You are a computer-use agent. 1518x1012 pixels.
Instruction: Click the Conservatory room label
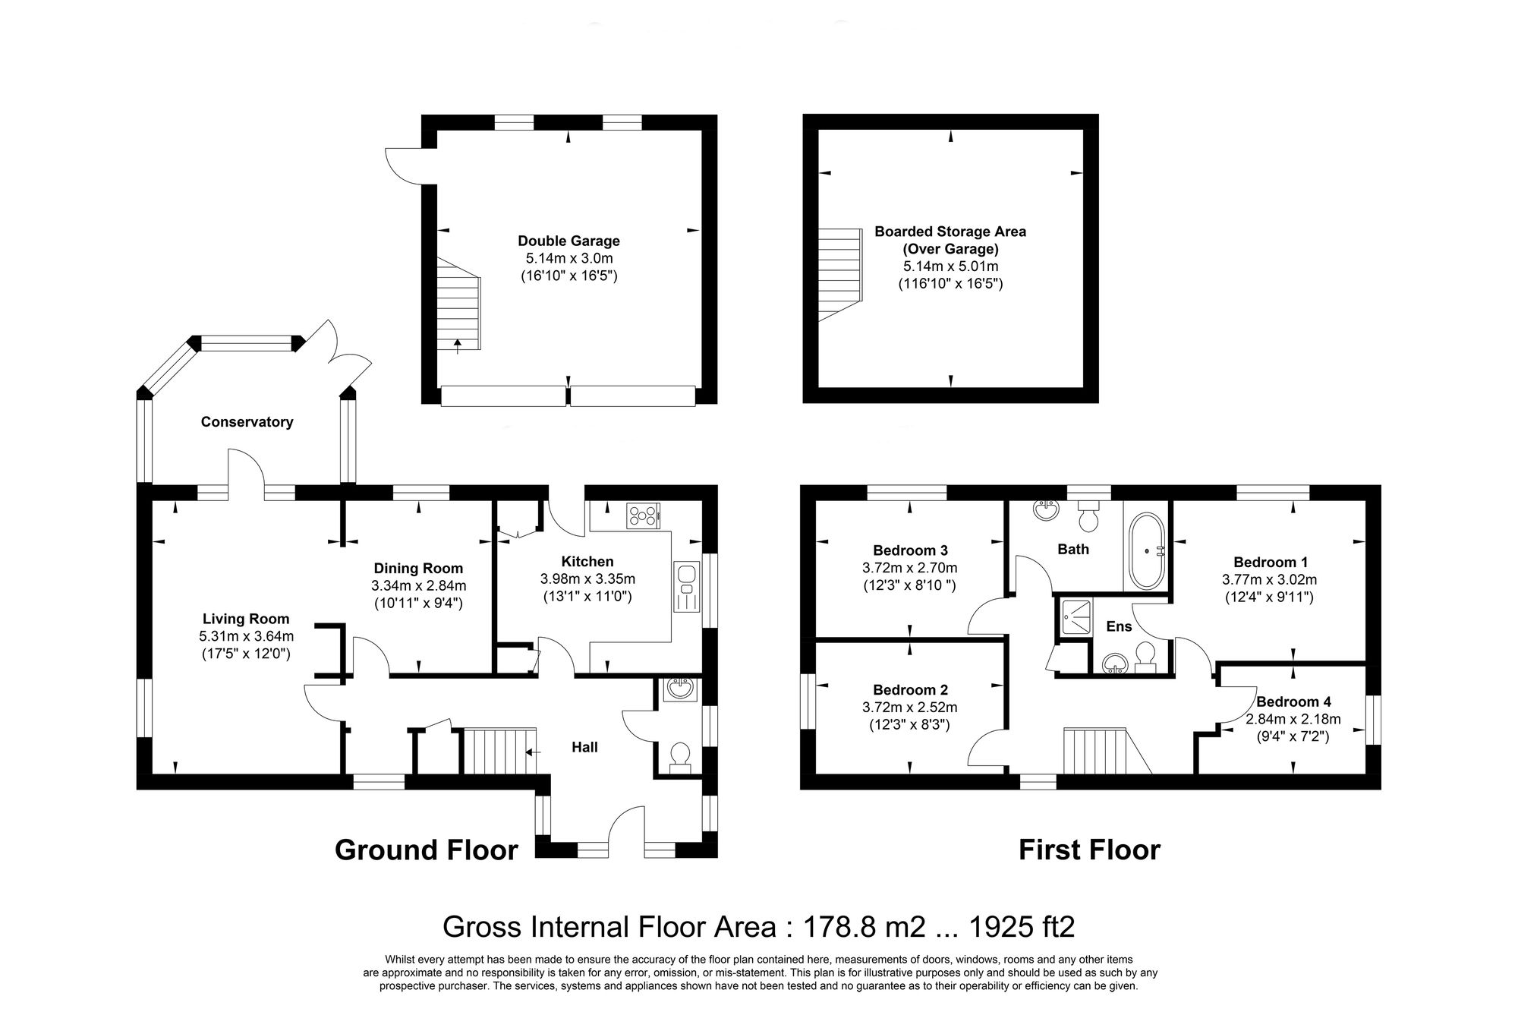click(247, 422)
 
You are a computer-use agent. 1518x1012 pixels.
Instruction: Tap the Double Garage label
click(568, 241)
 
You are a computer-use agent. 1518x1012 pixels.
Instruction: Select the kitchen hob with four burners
click(643, 516)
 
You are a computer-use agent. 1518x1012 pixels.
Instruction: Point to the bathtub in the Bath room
click(1146, 552)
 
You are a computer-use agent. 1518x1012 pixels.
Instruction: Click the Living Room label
click(246, 619)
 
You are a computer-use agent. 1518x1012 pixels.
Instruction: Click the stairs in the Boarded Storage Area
click(839, 273)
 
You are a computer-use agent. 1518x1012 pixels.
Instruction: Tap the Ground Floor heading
click(426, 850)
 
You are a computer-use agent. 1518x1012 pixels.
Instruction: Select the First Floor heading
click(1088, 850)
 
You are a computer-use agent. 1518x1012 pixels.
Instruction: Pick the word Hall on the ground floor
click(584, 747)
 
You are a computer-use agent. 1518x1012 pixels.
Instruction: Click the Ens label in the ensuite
click(1119, 626)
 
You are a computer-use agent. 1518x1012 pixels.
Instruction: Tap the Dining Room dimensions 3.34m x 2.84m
click(418, 585)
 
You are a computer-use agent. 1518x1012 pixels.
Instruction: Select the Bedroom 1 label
click(1270, 563)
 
